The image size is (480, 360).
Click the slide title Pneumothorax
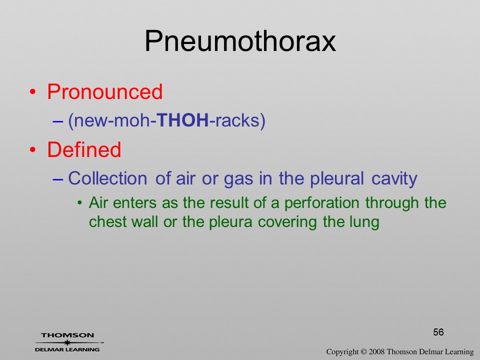point(240,41)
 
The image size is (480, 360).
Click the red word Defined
point(84,149)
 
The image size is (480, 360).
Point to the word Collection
point(107,178)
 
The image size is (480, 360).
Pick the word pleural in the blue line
point(337,179)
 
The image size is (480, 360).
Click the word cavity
point(394,179)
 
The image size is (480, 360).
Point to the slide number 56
point(438,332)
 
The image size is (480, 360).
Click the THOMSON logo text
point(67,335)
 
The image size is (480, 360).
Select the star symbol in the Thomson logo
point(67,342)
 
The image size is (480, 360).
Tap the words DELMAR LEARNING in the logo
point(67,349)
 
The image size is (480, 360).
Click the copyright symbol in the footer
point(363,352)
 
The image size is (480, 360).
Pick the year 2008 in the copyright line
point(376,352)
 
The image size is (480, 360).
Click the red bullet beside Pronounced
point(32,92)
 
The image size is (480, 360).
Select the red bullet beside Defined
point(32,149)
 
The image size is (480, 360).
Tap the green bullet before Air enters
point(79,203)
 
